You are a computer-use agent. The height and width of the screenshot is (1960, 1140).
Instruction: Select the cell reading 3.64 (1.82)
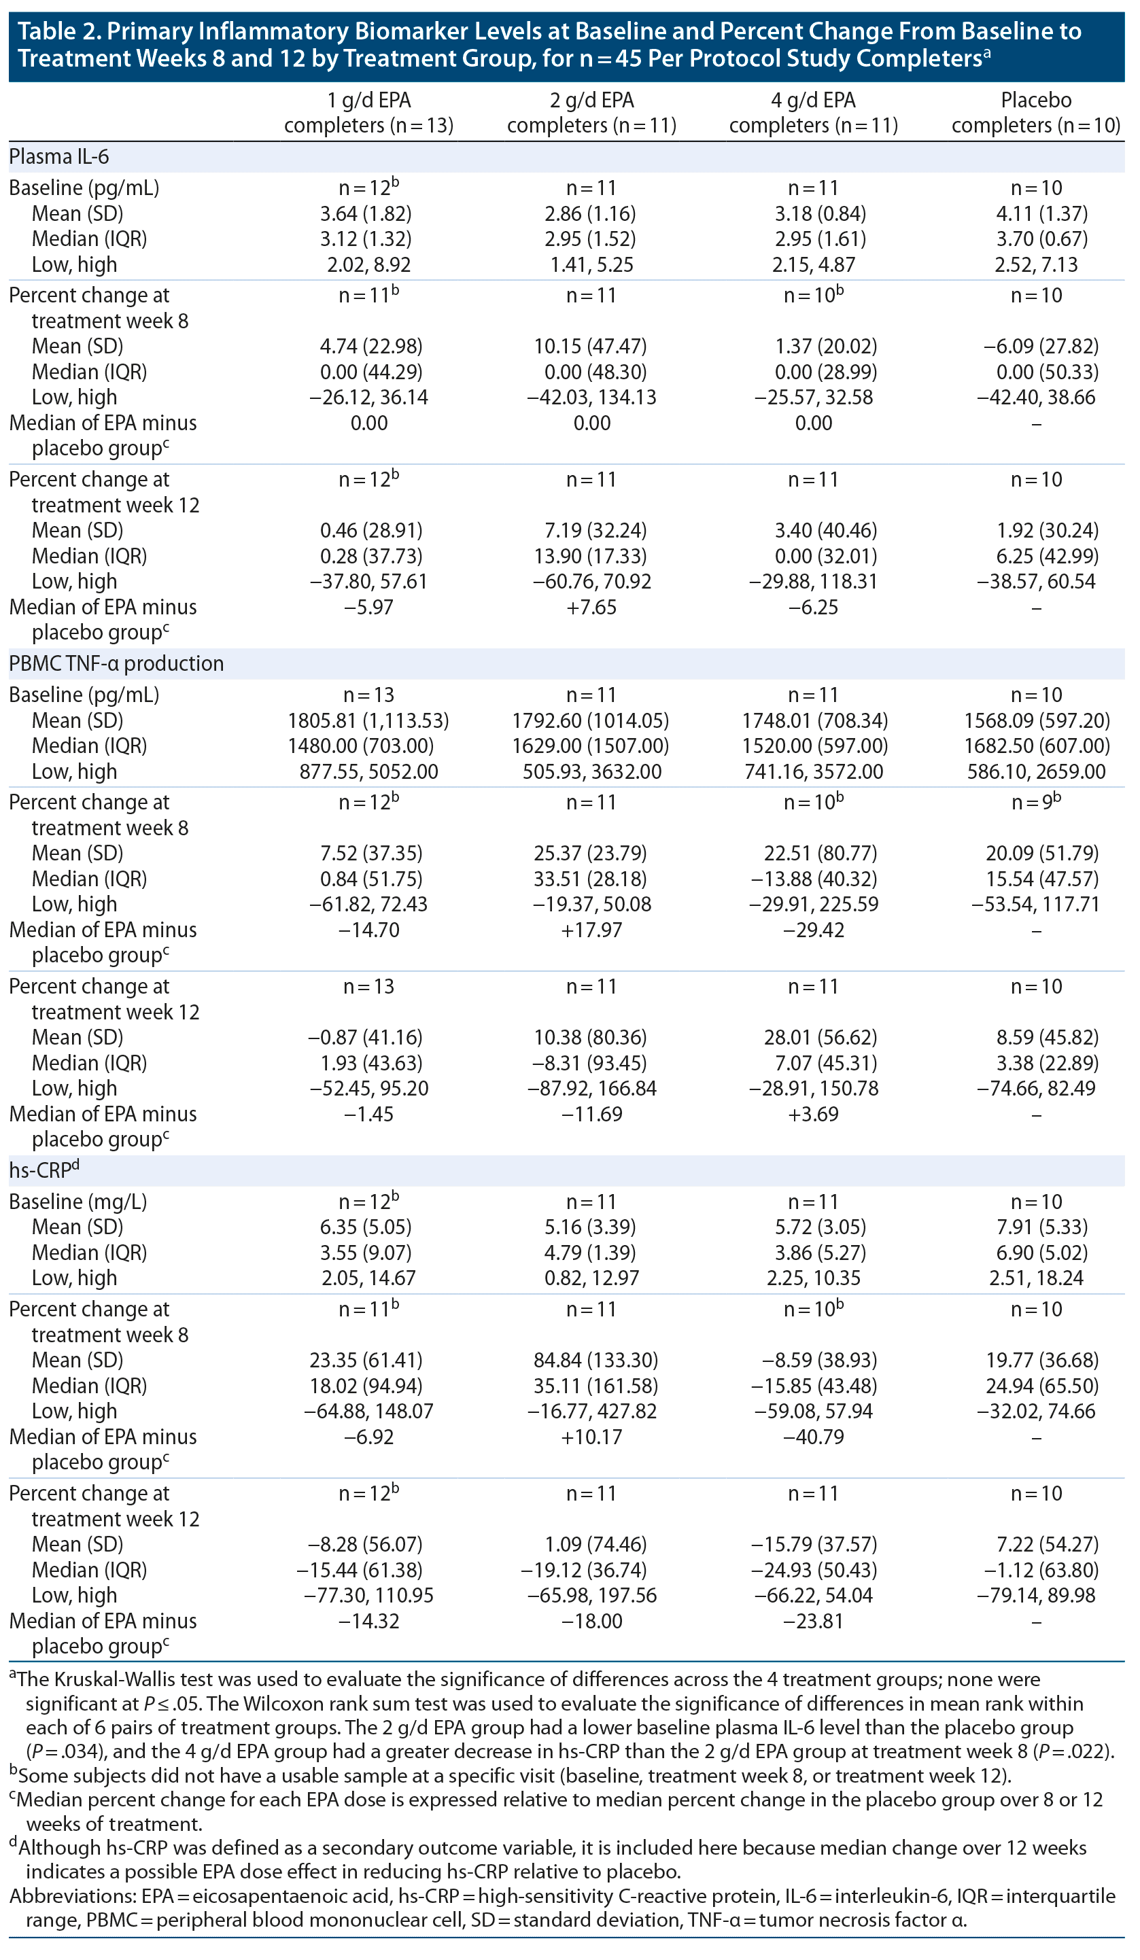366,213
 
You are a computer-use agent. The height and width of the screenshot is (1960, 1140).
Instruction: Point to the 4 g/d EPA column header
813,113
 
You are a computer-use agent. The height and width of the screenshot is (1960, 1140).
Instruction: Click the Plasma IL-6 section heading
59,157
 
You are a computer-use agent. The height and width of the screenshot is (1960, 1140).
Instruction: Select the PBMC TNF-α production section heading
116,663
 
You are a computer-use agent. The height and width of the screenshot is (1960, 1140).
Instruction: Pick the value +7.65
591,607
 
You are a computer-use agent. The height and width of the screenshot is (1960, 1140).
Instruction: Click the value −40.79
813,1437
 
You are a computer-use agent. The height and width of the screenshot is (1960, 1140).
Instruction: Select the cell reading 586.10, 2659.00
1036,771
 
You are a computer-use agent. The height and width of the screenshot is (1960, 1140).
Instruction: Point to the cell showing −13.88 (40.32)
813,879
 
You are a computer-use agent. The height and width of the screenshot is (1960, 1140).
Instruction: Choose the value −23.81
813,1621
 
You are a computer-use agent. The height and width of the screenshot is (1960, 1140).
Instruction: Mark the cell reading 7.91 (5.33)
1036,1227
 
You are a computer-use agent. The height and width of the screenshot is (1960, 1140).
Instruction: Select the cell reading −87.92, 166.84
591,1088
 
